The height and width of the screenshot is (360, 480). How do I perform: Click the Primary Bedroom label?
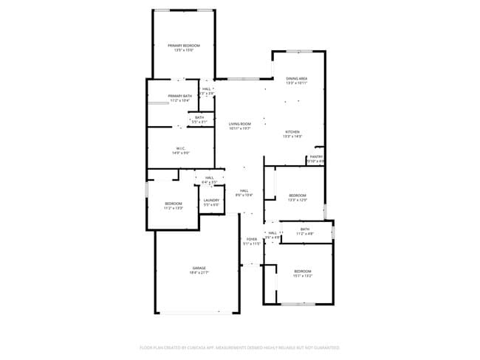tap(183, 46)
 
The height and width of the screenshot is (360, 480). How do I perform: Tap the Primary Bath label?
tap(179, 96)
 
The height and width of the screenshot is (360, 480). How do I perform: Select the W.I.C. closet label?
tap(181, 148)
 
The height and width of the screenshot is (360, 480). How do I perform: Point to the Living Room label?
tap(239, 124)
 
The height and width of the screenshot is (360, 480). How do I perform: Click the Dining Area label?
tap(297, 78)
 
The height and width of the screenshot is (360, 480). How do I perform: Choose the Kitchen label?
tap(293, 131)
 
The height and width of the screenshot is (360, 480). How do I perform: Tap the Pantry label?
tap(316, 156)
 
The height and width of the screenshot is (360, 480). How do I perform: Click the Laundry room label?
tap(211, 200)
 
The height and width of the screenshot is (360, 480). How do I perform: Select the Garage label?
tap(199, 268)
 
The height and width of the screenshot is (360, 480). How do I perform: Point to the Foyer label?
tap(252, 240)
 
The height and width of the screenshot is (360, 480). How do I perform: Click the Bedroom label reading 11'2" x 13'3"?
tap(174, 203)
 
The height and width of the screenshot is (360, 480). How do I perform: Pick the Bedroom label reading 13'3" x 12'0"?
tap(297, 195)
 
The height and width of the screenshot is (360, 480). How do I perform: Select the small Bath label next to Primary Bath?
tap(199, 117)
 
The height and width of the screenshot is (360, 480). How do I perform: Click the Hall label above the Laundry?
tap(210, 178)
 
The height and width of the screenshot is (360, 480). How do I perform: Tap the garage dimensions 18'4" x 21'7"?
tap(199, 272)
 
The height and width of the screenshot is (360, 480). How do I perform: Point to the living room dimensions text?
tap(239, 128)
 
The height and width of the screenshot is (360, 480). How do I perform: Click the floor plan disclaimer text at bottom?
tap(239, 347)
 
